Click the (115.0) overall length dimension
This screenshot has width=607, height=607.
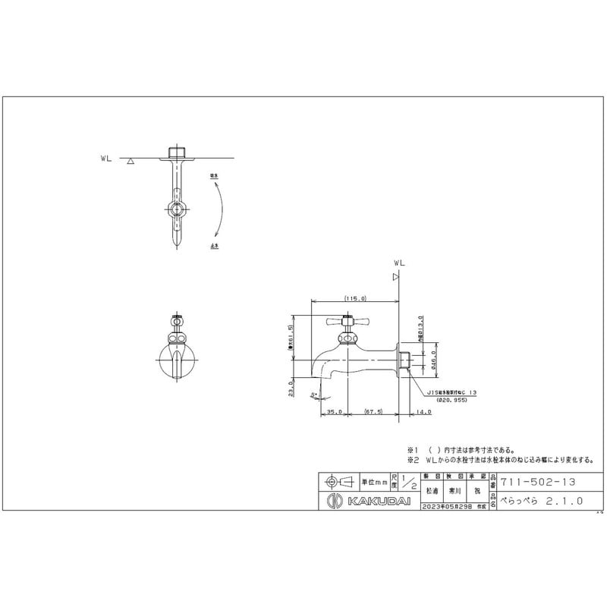tap(355, 299)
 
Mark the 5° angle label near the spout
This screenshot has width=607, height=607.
tap(313, 394)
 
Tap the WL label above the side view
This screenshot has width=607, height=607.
tap(398, 263)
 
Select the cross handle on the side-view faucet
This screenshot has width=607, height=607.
tap(345, 322)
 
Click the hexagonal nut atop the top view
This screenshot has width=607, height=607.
tap(178, 150)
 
